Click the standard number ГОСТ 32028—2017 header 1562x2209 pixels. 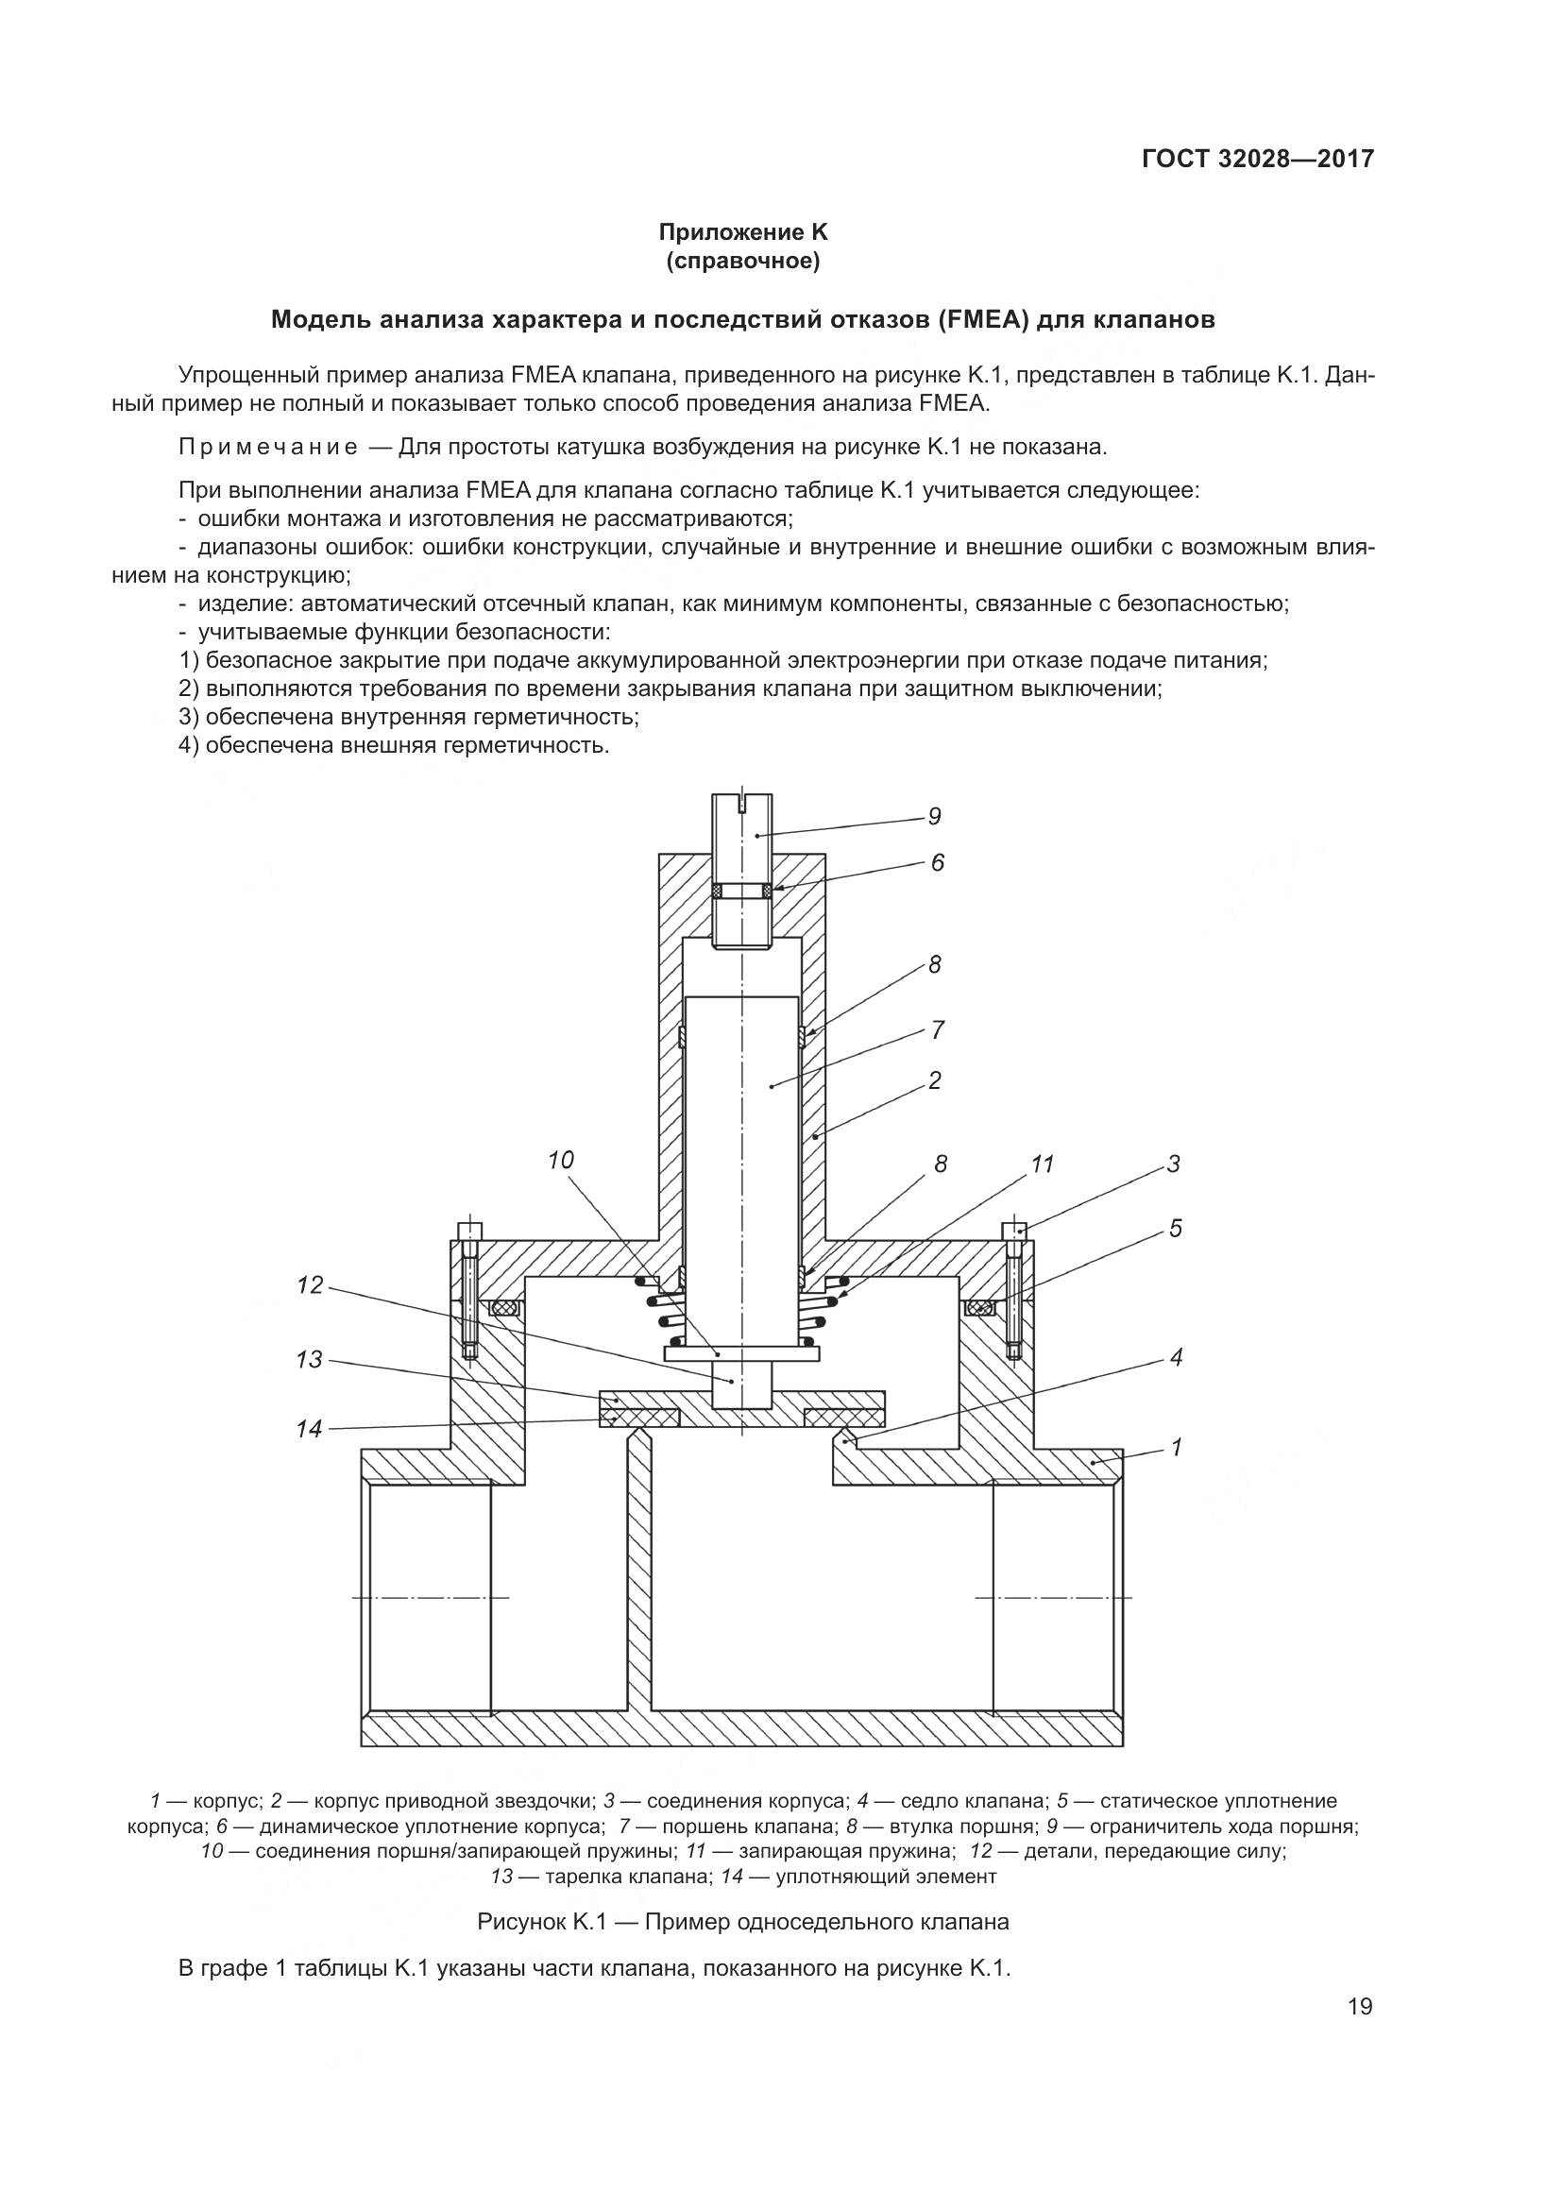click(x=1258, y=159)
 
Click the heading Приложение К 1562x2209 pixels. click(x=742, y=232)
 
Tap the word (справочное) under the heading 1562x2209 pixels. click(x=742, y=261)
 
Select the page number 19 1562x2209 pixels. click(x=1360, y=2006)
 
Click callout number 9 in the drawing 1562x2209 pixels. click(x=934, y=817)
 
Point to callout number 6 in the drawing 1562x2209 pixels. click(x=938, y=862)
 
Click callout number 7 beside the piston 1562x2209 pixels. click(x=938, y=1030)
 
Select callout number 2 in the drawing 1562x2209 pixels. click(x=935, y=1080)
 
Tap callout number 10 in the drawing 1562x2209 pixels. click(x=561, y=1161)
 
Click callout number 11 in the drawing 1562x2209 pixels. click(x=1043, y=1164)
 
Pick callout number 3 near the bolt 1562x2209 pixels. click(x=1174, y=1164)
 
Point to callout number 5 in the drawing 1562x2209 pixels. click(x=1176, y=1229)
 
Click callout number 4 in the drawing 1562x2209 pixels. click(x=1176, y=1357)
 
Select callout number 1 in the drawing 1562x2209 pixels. click(x=1176, y=1447)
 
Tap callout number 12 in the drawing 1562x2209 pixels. click(x=310, y=1285)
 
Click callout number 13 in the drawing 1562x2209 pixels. click(x=310, y=1360)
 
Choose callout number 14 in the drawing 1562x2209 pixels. click(x=310, y=1430)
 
